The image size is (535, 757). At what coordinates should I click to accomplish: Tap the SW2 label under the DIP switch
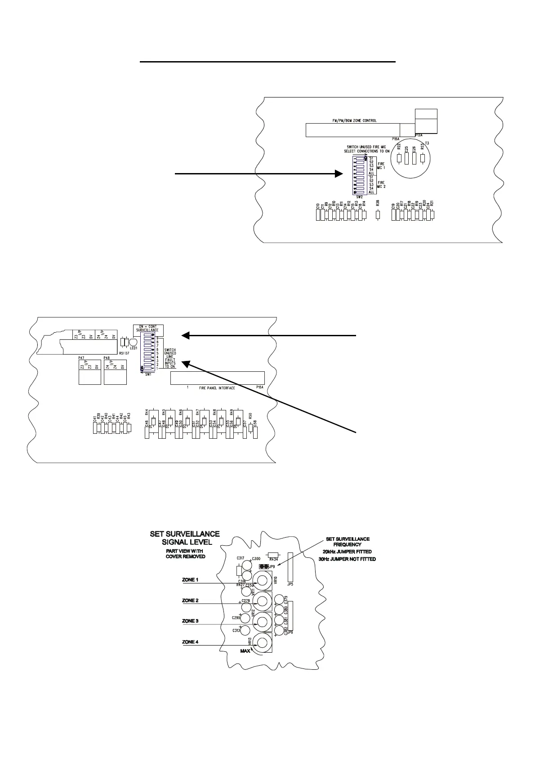[359, 196]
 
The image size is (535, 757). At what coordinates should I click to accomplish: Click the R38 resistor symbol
[378, 215]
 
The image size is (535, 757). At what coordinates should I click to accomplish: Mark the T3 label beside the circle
[427, 143]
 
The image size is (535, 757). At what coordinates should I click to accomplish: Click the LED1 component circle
[133, 343]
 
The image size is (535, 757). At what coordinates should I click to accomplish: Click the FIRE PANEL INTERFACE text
[218, 387]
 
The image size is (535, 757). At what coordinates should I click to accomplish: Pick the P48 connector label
[107, 358]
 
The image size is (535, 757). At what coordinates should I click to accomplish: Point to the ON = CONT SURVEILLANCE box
[148, 328]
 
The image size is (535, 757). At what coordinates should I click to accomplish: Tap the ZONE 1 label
[190, 580]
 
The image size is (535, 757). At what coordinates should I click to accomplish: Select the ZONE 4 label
[190, 642]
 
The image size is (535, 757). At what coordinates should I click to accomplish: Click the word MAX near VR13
[245, 650]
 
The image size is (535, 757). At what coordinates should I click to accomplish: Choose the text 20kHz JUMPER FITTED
[347, 552]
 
